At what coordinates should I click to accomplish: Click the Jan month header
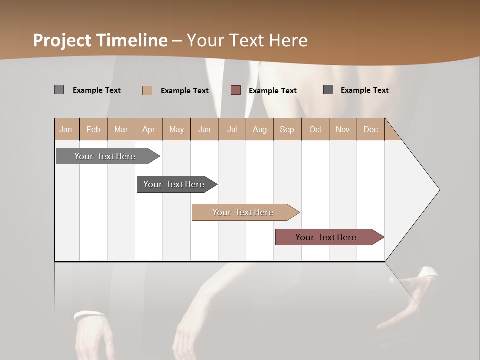tap(66, 129)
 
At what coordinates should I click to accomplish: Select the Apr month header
tap(148, 129)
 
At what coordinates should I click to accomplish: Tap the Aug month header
tap(259, 129)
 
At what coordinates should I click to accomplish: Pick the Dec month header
tap(370, 129)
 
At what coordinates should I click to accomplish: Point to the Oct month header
tap(315, 129)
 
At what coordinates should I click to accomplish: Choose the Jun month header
tap(204, 129)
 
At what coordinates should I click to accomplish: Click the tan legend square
tap(147, 90)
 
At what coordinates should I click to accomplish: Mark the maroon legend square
tap(236, 90)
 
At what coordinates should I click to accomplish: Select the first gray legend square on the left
tap(59, 90)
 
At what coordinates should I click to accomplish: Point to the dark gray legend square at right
tap(328, 90)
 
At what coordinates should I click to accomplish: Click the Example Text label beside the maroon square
tap(272, 91)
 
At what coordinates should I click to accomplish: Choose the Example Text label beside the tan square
tap(184, 91)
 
